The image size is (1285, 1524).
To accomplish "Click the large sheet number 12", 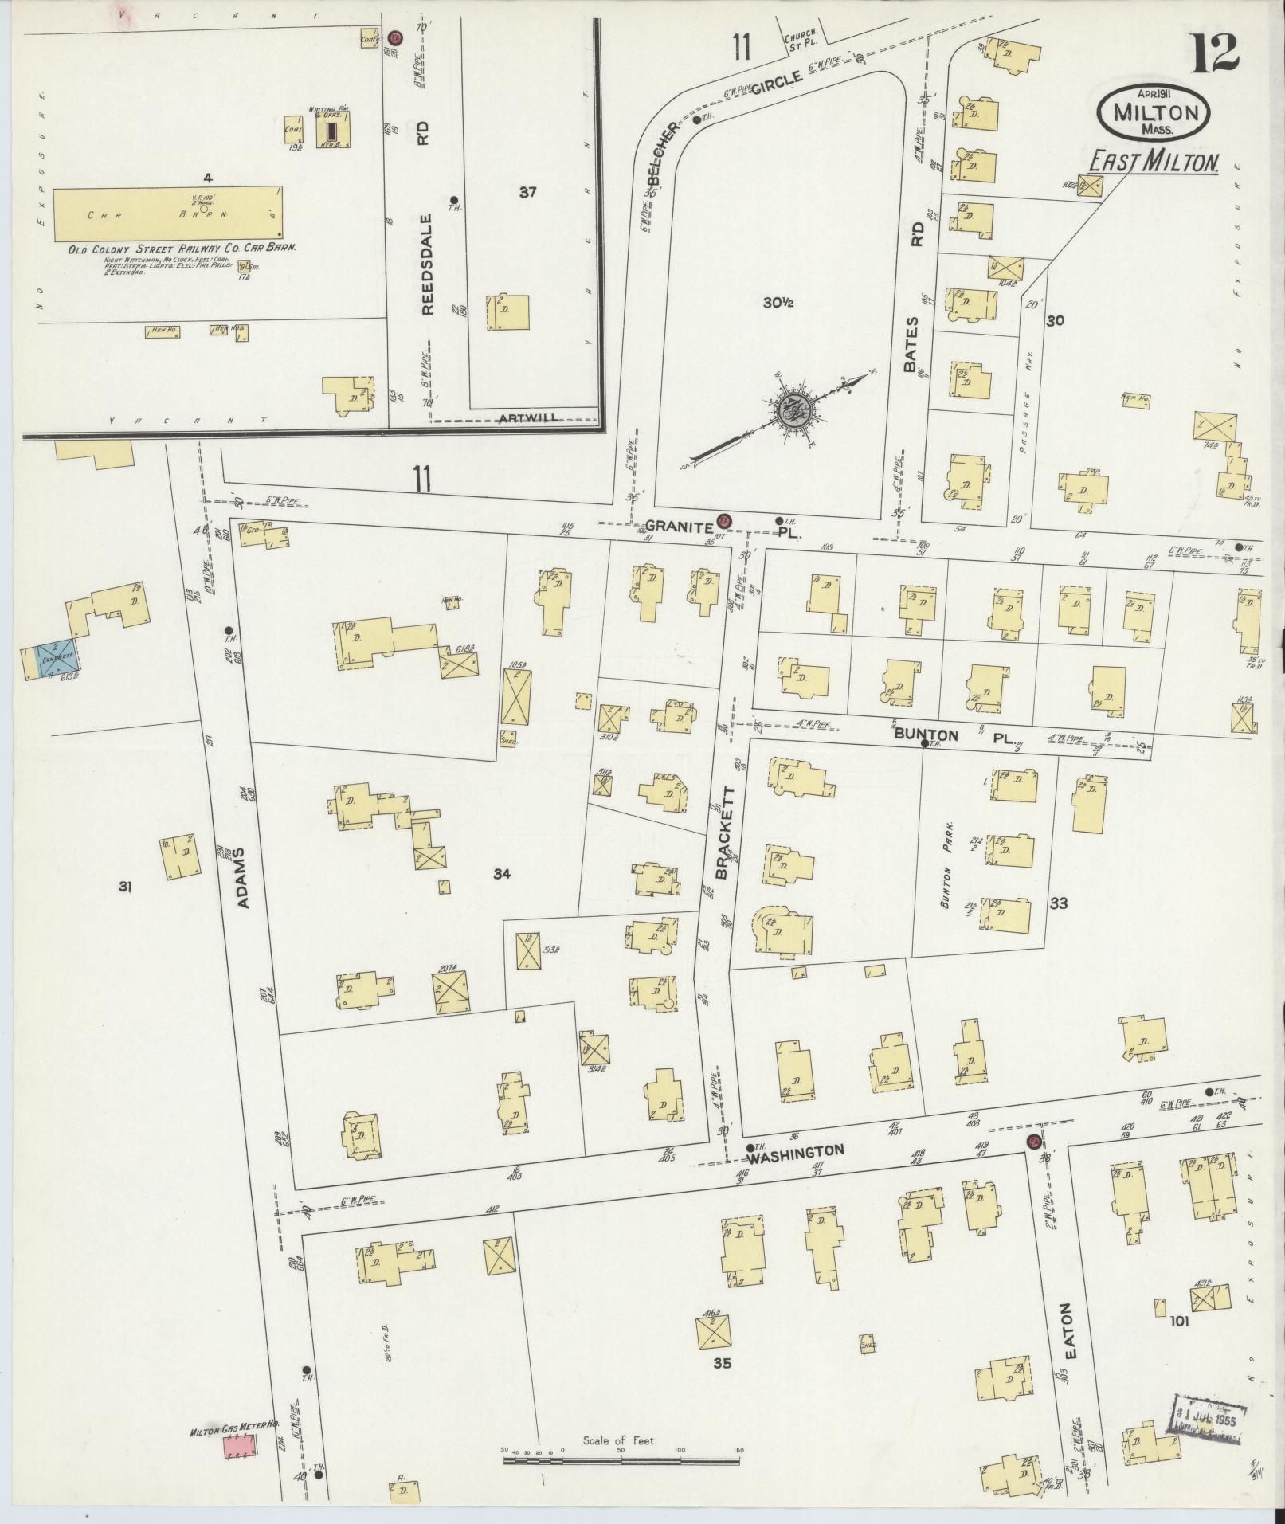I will coord(1215,53).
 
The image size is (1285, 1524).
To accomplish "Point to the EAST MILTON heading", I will coord(1153,163).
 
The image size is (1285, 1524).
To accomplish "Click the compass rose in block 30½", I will coord(793,410).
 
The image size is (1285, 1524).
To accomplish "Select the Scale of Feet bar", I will coord(622,1461).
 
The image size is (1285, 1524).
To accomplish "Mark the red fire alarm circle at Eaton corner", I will coord(1033,1141).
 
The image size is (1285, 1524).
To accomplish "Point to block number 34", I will coord(501,874).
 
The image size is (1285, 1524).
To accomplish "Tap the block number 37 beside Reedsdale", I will coord(527,192).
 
